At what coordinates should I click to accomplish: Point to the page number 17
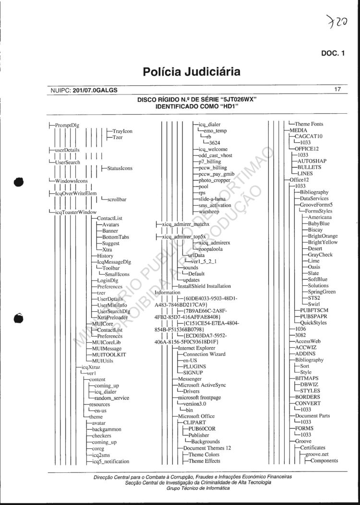coord(338,89)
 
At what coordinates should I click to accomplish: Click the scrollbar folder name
coord(117,200)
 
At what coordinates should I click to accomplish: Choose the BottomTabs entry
coord(115,237)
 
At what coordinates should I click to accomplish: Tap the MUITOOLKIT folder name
coord(111,354)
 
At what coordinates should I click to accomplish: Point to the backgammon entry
coord(107,429)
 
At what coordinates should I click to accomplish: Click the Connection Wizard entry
coord(204,354)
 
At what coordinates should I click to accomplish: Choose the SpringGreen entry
coord(322,292)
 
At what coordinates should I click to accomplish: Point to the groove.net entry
coord(319,454)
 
